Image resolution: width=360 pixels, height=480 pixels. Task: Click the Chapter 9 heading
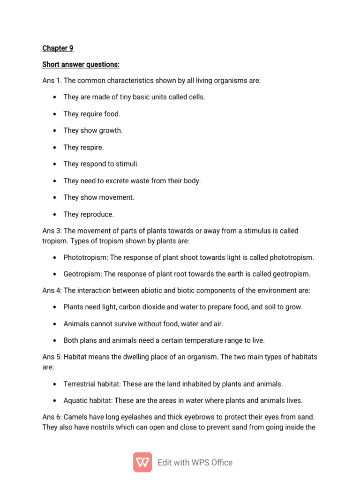(x=58, y=48)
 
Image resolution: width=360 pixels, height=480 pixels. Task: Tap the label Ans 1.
(x=52, y=81)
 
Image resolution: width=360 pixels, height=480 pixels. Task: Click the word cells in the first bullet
(x=195, y=97)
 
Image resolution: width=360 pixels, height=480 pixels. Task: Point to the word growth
(x=111, y=130)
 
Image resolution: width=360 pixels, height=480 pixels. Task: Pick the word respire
(x=92, y=147)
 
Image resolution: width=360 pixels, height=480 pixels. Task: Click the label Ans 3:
(x=52, y=231)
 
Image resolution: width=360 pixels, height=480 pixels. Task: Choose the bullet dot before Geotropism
(x=55, y=274)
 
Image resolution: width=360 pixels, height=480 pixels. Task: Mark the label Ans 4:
(x=52, y=290)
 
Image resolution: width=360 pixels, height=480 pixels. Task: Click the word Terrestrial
(x=80, y=384)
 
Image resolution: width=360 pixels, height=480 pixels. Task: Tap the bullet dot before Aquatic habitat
(x=55, y=400)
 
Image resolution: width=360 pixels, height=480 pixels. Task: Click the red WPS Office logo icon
(x=142, y=462)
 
